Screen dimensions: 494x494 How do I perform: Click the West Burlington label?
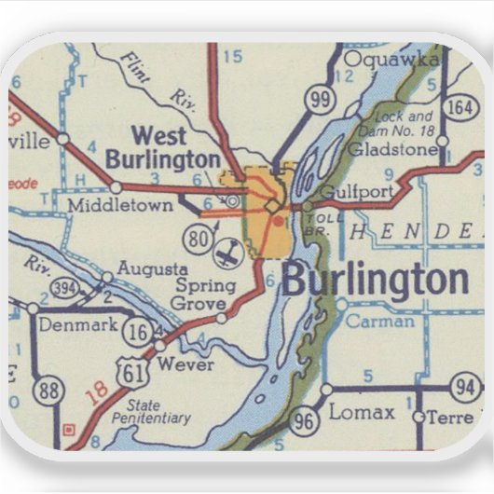[162, 147]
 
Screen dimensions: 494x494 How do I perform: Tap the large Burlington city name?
[375, 279]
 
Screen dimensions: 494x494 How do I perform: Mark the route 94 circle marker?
[465, 385]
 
